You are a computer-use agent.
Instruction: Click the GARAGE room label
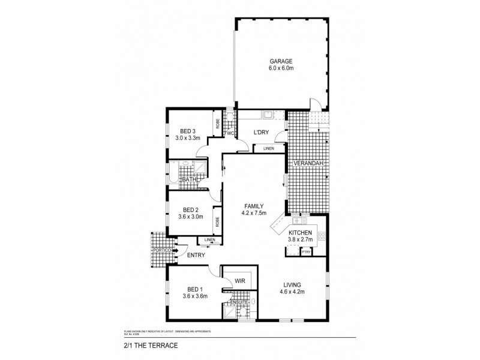(281, 61)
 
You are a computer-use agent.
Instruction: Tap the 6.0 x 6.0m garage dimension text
(281, 68)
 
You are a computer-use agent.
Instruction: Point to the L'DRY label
(260, 133)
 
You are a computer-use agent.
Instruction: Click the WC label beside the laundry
(229, 133)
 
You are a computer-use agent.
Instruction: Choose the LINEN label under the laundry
(268, 148)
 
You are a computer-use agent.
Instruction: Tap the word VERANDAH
(308, 163)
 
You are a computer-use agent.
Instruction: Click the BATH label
(189, 179)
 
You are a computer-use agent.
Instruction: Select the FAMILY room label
(254, 205)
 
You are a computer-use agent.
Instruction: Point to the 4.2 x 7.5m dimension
(254, 213)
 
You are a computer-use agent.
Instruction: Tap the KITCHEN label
(299, 233)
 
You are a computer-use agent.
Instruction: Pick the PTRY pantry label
(306, 252)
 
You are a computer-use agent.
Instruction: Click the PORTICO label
(162, 250)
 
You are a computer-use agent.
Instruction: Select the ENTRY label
(196, 256)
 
